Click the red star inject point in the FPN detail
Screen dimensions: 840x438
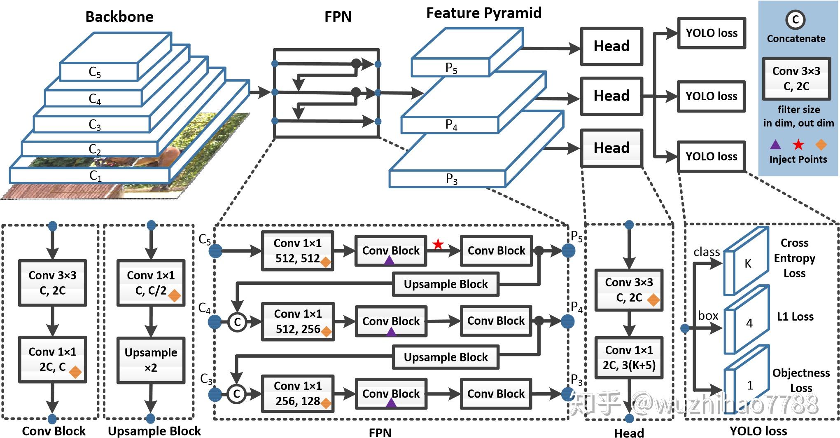(438, 244)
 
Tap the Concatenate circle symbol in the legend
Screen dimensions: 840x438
(796, 19)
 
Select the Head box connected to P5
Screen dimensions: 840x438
(611, 46)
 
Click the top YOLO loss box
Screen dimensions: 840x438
(712, 33)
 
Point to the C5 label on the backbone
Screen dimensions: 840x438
(95, 72)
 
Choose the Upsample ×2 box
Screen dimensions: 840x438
(151, 360)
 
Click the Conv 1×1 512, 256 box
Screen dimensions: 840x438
(298, 321)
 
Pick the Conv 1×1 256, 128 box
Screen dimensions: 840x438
(298, 393)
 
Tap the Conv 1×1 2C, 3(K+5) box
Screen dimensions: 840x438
(629, 358)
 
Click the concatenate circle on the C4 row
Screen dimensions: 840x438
(237, 322)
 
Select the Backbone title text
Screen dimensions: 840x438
(119, 17)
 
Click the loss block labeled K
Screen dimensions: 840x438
(746, 262)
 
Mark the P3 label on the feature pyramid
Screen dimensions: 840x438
(452, 179)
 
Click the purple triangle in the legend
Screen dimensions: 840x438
(775, 145)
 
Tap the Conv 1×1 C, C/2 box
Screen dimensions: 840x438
(151, 283)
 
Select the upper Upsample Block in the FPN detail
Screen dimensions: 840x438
(446, 284)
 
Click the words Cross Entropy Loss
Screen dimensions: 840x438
(794, 258)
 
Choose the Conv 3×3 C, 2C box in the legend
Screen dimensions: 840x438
(796, 78)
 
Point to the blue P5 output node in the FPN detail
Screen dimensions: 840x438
(568, 251)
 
